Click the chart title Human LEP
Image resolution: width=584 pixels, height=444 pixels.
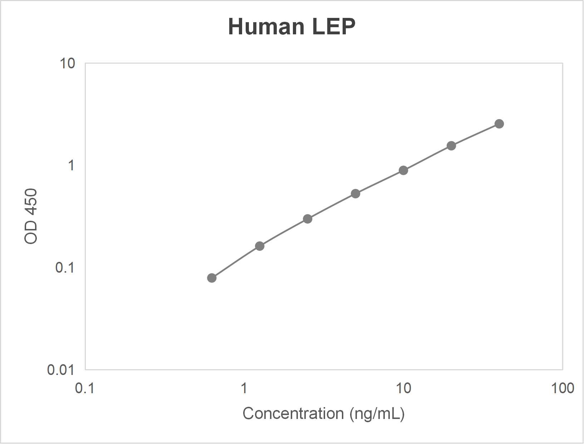[292, 26]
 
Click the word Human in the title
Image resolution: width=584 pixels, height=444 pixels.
[266, 26]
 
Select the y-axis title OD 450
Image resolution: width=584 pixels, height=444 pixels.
[31, 216]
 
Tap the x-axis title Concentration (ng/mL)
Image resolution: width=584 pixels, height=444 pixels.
[323, 414]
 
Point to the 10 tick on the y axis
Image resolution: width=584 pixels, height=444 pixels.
[67, 63]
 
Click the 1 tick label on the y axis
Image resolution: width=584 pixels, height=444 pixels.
[71, 165]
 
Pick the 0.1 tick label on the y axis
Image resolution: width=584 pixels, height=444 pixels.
[65, 267]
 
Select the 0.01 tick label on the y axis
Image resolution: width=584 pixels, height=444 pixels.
[61, 370]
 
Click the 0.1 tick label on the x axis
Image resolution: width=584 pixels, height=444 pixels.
[85, 388]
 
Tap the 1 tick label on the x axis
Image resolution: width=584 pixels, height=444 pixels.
[244, 388]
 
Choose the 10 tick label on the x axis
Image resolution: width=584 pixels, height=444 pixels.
[403, 388]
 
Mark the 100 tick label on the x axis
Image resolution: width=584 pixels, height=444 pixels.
[563, 388]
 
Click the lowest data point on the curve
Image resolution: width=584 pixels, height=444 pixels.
[212, 278]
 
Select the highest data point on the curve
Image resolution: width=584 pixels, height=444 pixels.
[499, 124]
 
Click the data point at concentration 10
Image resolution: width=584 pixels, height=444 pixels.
[403, 170]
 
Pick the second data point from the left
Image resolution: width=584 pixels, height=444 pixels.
[260, 246]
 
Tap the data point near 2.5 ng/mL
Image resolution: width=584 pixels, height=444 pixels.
[308, 219]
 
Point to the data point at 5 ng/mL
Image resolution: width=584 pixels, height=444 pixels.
[355, 194]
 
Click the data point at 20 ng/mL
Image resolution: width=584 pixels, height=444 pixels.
[451, 146]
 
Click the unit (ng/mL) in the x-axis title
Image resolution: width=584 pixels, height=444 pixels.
[377, 414]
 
